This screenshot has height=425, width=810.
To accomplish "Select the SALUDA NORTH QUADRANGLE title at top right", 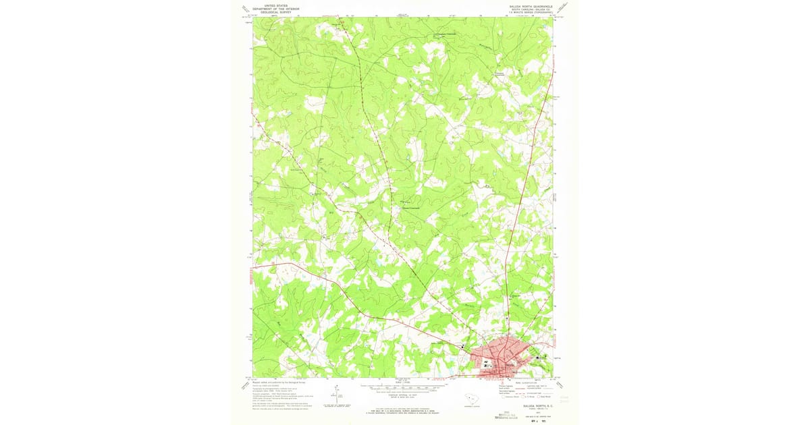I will (x=526, y=5).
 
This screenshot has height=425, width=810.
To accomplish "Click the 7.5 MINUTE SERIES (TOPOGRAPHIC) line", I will (x=526, y=11).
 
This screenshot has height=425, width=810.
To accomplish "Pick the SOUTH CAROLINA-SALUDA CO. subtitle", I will (x=526, y=8).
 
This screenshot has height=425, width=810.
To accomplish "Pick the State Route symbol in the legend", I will (x=539, y=397).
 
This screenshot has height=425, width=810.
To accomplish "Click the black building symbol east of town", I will (x=537, y=357).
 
